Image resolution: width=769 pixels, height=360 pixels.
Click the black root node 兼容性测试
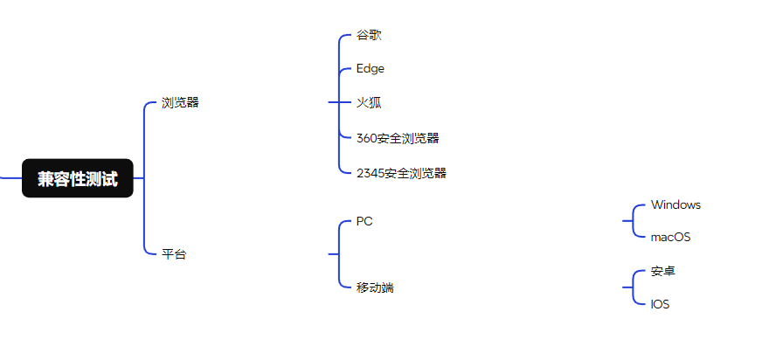(x=78, y=178)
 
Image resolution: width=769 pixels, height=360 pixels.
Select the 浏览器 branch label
(x=180, y=102)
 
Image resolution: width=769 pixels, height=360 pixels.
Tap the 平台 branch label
(x=174, y=254)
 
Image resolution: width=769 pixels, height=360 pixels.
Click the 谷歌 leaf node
(x=369, y=35)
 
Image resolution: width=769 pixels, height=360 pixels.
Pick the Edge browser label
(x=371, y=68)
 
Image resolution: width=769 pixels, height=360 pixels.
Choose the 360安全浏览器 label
(x=398, y=138)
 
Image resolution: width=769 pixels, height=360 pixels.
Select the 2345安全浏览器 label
(x=401, y=173)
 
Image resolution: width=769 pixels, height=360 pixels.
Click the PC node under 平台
(x=364, y=221)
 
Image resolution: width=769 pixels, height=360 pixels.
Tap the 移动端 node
(x=375, y=287)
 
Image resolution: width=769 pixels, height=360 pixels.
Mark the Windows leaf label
(x=675, y=204)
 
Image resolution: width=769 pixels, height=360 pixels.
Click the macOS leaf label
(x=671, y=237)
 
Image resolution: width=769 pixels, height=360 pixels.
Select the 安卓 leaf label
(x=663, y=271)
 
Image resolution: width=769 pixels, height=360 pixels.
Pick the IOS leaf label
(x=661, y=304)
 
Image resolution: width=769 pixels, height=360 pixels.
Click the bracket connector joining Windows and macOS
(x=633, y=221)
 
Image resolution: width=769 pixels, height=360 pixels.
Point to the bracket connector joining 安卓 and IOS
(x=633, y=287)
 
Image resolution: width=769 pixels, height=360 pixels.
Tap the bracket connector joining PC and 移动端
(x=338, y=254)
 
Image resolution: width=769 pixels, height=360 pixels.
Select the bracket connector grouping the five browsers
(x=338, y=103)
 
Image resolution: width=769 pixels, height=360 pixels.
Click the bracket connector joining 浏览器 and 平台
(x=143, y=178)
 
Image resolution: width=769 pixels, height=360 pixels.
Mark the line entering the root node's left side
(x=10, y=178)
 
